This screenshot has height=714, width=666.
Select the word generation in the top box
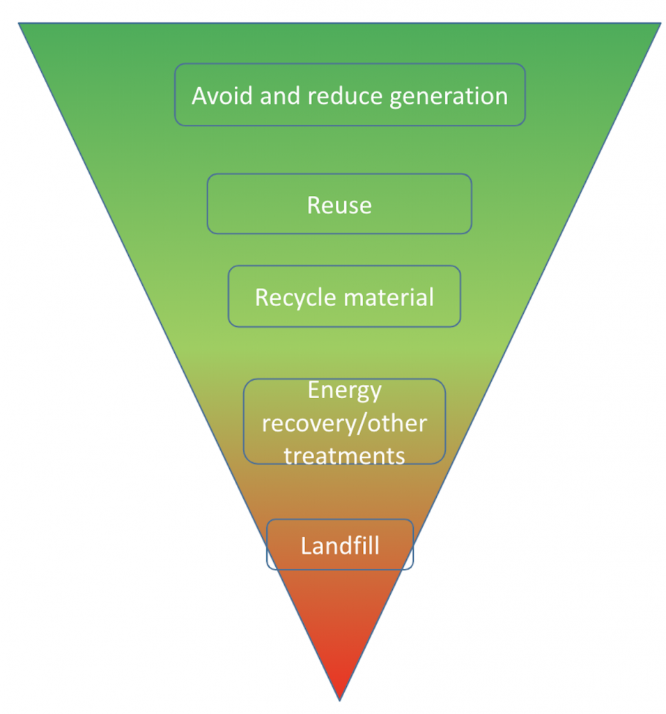[x=449, y=96]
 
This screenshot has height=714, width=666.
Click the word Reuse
[x=339, y=205]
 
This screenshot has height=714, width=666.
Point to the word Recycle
[x=295, y=297]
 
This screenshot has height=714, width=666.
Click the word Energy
[x=344, y=390]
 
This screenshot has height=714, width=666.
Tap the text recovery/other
[x=344, y=423]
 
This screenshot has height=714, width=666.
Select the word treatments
[x=344, y=455]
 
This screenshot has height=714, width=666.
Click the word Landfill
[x=340, y=545]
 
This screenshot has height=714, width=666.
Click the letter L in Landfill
[x=305, y=545]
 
